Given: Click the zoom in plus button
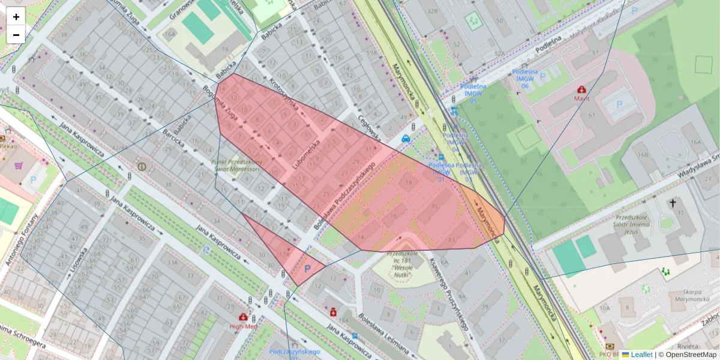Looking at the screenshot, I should [16, 17].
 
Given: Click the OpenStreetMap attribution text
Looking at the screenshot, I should [686, 355].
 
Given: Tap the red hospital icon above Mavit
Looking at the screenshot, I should [581, 89].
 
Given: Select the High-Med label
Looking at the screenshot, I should [243, 326].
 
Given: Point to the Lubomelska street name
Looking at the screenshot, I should [307, 153].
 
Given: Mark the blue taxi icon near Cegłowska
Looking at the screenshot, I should [406, 139].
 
